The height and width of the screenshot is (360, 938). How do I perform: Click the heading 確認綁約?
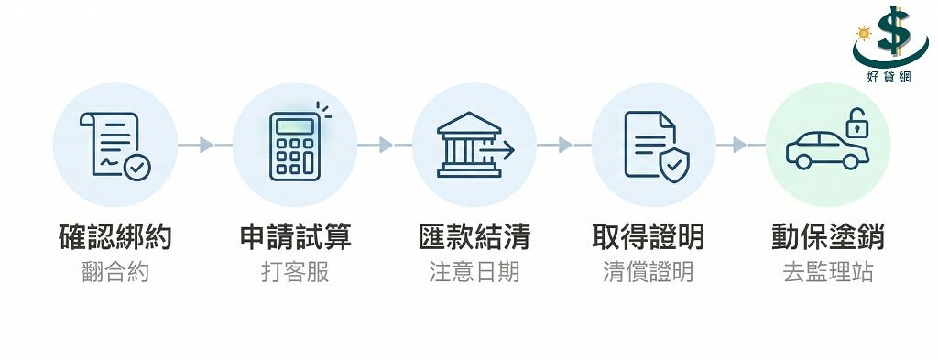115,236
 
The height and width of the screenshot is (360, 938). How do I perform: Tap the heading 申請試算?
295,236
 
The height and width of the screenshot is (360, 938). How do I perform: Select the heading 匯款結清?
474,236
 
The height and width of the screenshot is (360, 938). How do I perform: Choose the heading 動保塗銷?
827,236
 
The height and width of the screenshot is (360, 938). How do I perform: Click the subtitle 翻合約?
115,272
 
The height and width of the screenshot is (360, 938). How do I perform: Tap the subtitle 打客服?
295,272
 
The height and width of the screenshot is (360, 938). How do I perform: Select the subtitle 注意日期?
474,272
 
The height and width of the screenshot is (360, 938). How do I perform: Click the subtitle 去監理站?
827,272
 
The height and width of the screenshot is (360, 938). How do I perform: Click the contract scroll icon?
114,145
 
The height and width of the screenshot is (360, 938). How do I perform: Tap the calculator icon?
295,146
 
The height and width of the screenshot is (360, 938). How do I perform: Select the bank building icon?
471,145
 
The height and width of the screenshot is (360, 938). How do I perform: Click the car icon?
825,150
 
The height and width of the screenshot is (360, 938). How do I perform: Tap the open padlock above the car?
856,122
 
